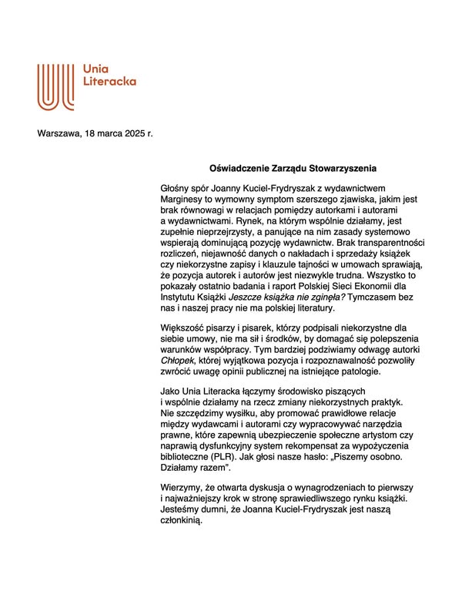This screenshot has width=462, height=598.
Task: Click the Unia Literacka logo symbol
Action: [x=56, y=86]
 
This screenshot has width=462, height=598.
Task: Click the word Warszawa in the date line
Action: [x=60, y=133]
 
